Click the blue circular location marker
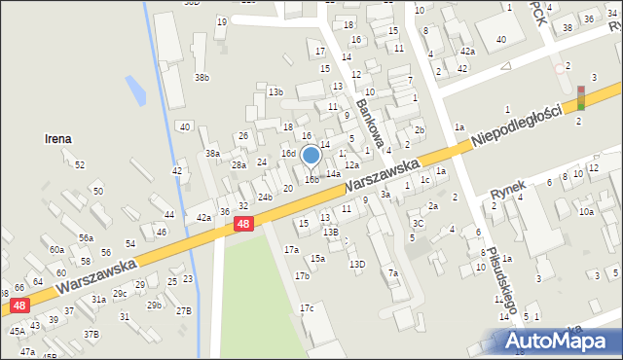[311, 155]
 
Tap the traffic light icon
[581, 97]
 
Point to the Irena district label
[57, 139]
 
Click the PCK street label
[538, 14]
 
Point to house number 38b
[202, 77]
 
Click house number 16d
[288, 154]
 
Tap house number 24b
[265, 197]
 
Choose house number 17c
[307, 308]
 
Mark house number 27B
[183, 310]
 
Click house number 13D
[357, 264]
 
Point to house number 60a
[57, 250]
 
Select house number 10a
[585, 211]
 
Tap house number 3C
[417, 224]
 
